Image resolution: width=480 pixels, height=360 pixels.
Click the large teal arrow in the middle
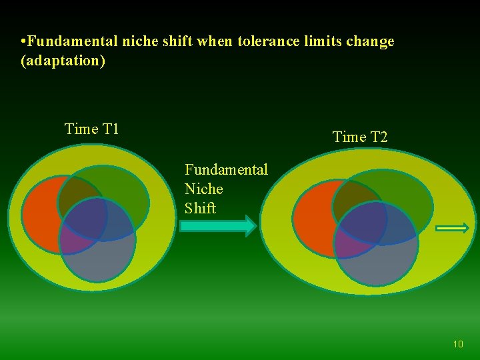tap(218, 227)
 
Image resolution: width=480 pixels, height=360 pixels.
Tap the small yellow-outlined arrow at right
tap(453, 228)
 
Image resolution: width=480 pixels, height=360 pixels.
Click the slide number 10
tap(458, 344)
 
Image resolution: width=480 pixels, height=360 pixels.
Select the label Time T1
tap(92, 129)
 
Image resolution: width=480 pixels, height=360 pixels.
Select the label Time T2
tap(360, 137)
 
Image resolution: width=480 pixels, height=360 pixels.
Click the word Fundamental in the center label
tap(226, 170)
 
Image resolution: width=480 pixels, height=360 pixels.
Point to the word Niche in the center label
tap(204, 189)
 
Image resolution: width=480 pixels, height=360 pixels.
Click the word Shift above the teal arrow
tap(200, 208)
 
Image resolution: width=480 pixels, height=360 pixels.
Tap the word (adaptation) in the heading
tap(63, 61)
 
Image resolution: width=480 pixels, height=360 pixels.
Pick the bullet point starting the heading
tap(23, 42)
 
